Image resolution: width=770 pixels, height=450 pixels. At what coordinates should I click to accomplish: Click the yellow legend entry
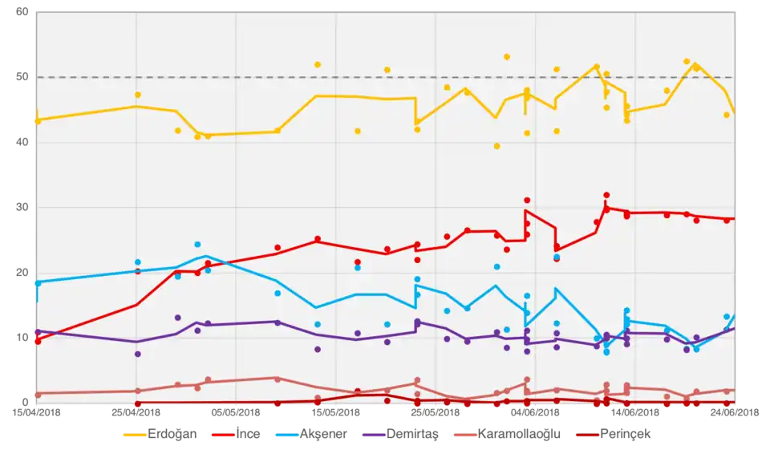160,436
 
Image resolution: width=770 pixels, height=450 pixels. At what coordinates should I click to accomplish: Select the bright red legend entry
237,436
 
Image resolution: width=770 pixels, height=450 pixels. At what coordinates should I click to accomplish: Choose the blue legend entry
313,436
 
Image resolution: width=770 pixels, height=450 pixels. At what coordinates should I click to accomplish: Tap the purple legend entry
401,436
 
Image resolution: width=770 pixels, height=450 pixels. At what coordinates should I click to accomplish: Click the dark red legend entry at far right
614,436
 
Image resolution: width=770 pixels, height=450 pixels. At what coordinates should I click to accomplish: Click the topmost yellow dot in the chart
507,57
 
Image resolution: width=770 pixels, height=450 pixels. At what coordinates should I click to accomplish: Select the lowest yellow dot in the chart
496,146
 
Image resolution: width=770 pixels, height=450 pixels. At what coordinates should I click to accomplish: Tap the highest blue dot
197,244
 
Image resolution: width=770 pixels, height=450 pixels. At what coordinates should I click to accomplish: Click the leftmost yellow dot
38,121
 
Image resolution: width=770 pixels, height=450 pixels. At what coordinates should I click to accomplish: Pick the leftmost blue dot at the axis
38,283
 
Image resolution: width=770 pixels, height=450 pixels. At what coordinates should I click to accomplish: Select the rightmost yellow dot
727,115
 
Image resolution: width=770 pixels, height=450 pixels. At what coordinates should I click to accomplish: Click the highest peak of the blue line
207,256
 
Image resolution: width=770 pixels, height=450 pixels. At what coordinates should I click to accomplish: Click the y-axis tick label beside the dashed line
22,77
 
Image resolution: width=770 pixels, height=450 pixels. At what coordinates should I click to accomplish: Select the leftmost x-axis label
35,411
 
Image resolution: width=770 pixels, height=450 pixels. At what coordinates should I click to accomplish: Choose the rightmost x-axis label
735,411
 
